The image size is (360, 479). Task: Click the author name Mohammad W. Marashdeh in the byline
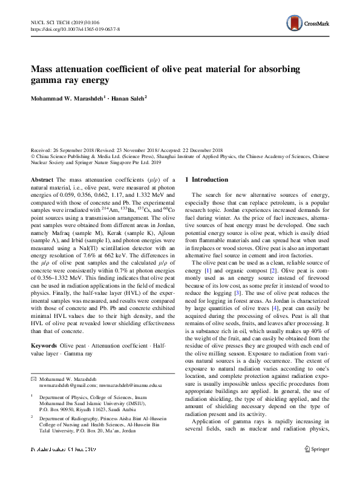tap(67, 97)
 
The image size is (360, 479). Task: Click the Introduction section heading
tap(210, 179)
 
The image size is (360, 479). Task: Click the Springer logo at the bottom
tap(317, 466)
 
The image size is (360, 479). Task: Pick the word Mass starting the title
tap(45, 68)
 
